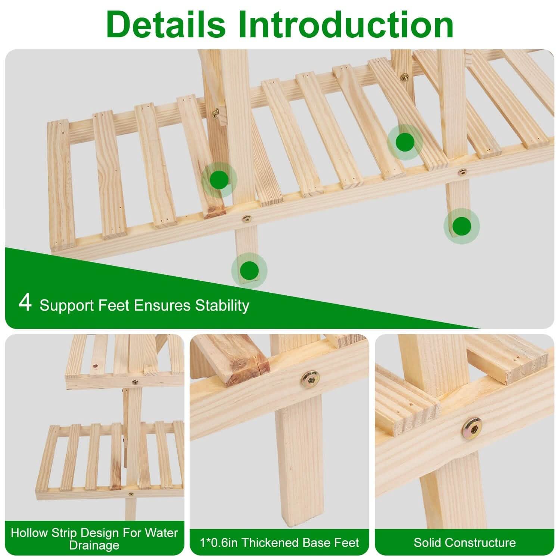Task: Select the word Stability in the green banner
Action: click(222, 305)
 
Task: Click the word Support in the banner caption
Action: click(67, 306)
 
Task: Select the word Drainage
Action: click(94, 545)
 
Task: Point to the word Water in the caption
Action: click(161, 533)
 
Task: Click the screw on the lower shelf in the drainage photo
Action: click(131, 494)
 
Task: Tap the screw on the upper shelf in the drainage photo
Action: click(135, 382)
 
